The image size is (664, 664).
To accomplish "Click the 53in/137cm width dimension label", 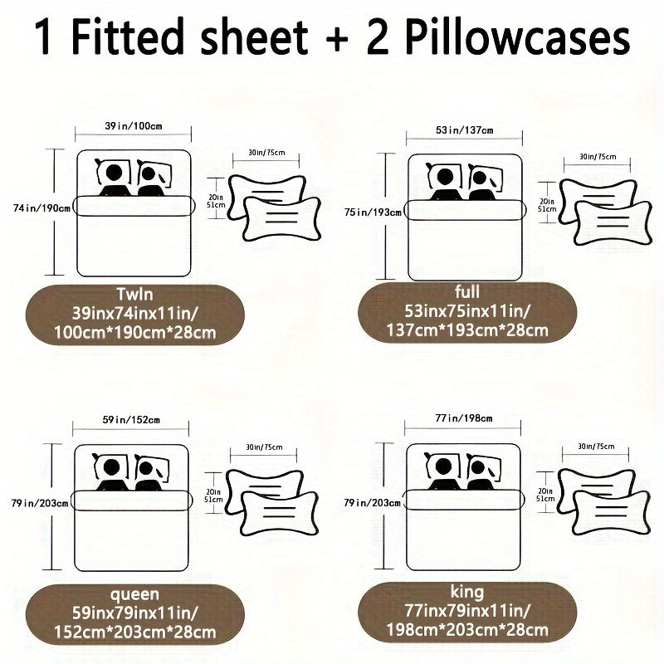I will click(x=465, y=130).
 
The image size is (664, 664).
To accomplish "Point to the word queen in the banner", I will click(x=133, y=594).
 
